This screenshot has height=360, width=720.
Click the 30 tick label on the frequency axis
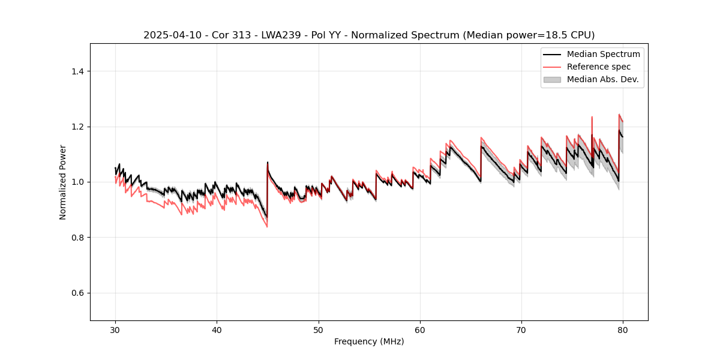115,329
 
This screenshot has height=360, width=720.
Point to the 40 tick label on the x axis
217,329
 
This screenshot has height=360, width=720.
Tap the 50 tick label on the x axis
319,329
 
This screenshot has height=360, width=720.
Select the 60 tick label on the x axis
420,329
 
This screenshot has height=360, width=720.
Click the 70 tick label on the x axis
521,329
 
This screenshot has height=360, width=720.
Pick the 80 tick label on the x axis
623,329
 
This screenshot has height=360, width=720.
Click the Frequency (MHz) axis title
369,341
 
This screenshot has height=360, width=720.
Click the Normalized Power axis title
63,182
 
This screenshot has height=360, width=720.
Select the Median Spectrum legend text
603,54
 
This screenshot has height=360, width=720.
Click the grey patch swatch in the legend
552,79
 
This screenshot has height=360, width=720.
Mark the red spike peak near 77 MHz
592,117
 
